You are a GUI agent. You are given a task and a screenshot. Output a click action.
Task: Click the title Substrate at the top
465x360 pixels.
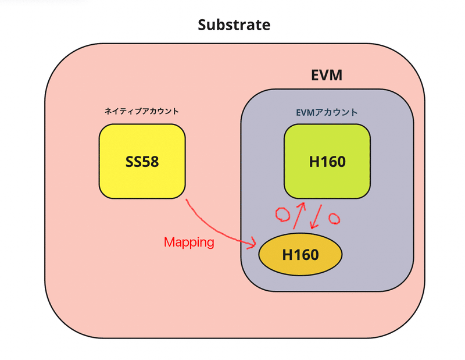point(234,25)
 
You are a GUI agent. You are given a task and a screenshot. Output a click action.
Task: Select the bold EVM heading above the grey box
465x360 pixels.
point(327,76)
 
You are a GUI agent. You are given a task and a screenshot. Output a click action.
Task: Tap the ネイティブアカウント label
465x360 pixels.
point(142,111)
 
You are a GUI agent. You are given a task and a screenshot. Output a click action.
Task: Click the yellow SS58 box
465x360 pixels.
point(142,162)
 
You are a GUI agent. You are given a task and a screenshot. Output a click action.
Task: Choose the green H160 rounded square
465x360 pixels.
point(327,162)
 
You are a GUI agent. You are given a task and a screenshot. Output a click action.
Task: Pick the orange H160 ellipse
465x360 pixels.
point(300,255)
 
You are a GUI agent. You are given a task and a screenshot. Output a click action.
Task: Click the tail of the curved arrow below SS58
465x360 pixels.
point(187,201)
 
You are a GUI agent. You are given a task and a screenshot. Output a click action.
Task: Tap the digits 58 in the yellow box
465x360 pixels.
point(151,162)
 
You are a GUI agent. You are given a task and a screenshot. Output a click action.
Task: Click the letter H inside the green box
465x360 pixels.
point(314,162)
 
